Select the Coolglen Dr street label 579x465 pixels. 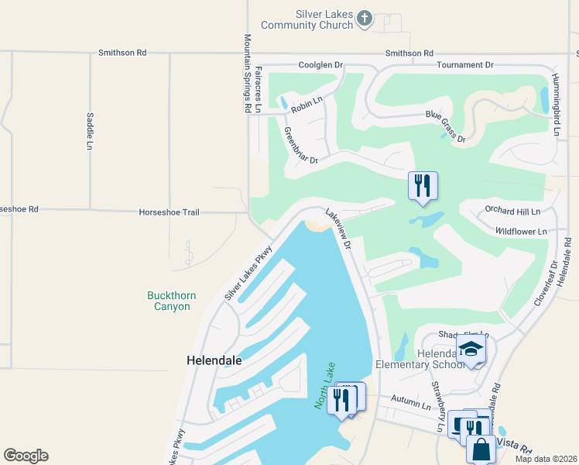(x=320, y=65)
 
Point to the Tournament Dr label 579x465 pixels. (x=464, y=65)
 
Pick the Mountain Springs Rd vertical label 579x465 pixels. (x=248, y=74)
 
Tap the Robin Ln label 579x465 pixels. (x=306, y=105)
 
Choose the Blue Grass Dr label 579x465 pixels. (x=445, y=127)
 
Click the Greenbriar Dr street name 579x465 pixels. (x=301, y=146)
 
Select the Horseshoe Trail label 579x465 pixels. (x=170, y=212)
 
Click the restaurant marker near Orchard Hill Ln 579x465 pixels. (x=423, y=186)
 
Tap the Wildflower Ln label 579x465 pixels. (x=520, y=231)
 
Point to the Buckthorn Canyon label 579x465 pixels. (x=169, y=301)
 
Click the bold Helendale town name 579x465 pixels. (x=214, y=360)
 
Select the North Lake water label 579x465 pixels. (x=324, y=386)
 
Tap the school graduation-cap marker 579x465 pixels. (x=471, y=349)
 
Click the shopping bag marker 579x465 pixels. (x=481, y=448)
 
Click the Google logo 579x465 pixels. (x=26, y=456)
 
